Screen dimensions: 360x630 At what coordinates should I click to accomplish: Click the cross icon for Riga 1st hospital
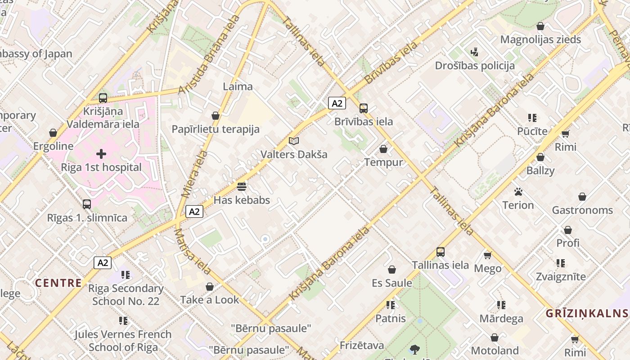101,154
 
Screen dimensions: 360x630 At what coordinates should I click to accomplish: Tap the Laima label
238,86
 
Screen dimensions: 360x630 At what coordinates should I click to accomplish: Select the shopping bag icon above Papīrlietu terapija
216,116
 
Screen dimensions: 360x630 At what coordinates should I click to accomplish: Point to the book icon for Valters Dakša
294,141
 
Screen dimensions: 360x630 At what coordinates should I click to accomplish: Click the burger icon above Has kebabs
242,186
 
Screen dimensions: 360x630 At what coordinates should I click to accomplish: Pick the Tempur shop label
383,162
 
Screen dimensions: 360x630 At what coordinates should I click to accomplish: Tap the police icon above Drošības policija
474,52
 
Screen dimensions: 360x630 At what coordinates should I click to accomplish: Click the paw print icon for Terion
518,192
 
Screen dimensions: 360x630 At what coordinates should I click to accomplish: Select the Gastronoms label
582,210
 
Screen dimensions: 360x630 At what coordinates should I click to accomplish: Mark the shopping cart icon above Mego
487,255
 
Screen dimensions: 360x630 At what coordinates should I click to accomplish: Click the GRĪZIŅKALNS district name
587,313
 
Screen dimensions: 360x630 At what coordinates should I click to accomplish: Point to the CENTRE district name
58,283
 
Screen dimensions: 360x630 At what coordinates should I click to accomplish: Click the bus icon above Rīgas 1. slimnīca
87,204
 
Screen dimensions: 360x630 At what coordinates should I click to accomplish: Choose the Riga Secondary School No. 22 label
126,294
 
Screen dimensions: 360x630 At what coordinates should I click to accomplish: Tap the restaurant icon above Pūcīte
532,118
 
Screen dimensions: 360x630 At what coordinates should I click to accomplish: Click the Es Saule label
391,283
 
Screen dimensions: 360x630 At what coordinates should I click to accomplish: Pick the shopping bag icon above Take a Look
210,287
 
